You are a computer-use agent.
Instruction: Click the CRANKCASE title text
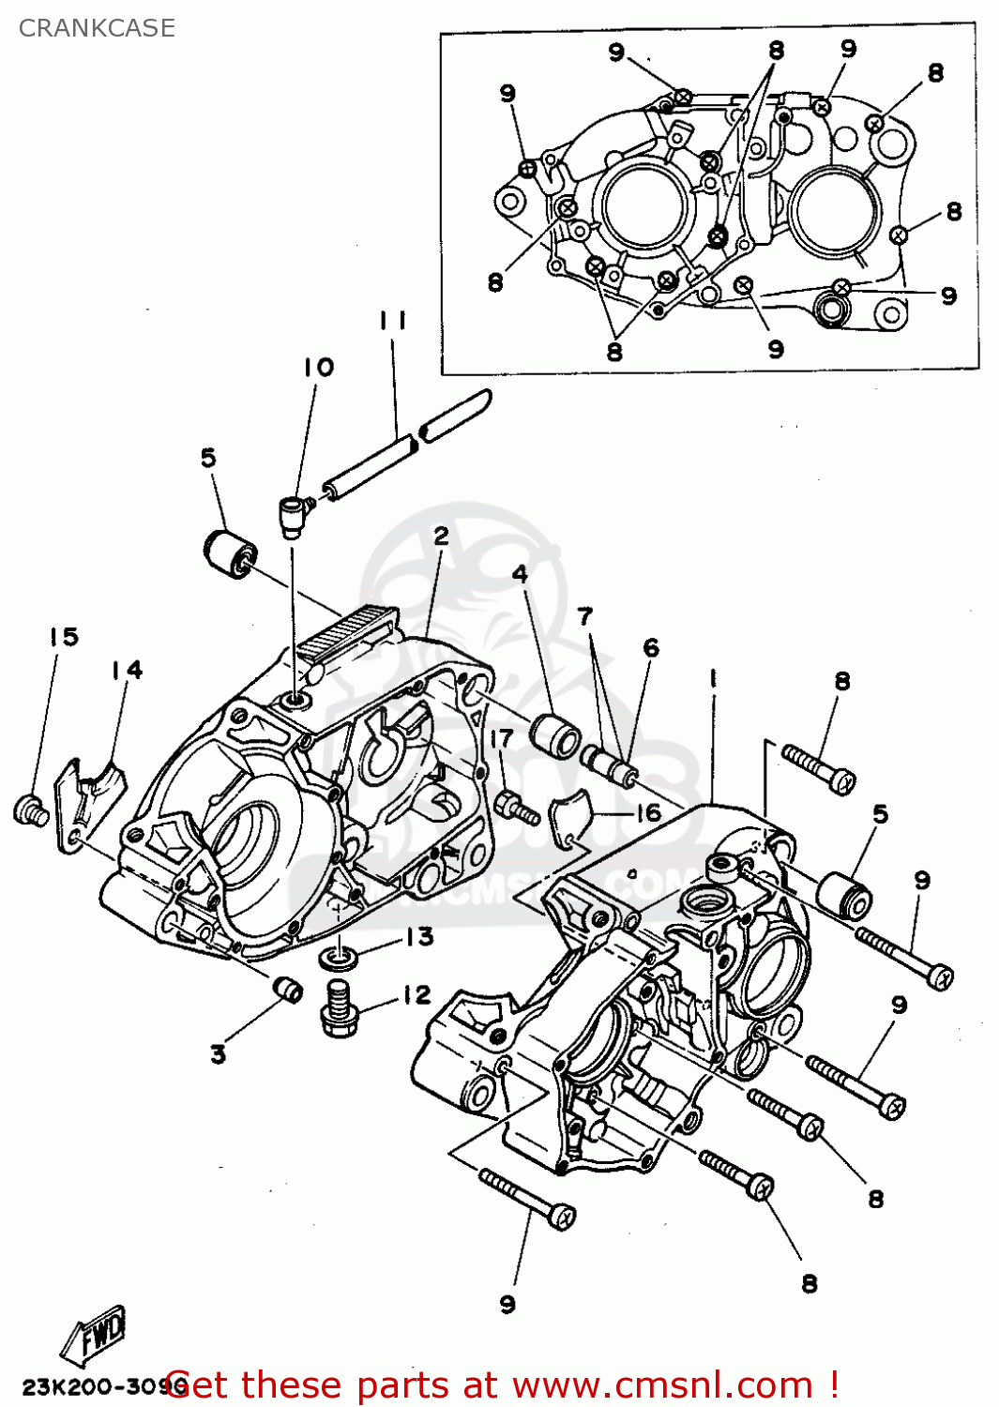point(97,28)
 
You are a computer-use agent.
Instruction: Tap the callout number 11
point(393,321)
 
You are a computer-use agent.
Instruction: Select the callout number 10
point(318,367)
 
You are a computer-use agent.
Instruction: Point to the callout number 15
point(64,637)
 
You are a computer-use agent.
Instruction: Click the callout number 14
point(127,670)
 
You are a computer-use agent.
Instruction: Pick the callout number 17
point(501,738)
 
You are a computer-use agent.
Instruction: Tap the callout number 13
point(419,936)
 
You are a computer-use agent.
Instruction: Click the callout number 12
point(416,994)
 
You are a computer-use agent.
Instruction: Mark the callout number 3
point(218,1054)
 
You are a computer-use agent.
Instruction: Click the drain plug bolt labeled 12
point(340,1009)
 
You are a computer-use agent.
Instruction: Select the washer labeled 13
point(338,958)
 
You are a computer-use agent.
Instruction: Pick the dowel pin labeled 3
point(287,988)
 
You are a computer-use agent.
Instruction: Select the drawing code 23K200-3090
point(94,1387)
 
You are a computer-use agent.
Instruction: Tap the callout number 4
point(520,574)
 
